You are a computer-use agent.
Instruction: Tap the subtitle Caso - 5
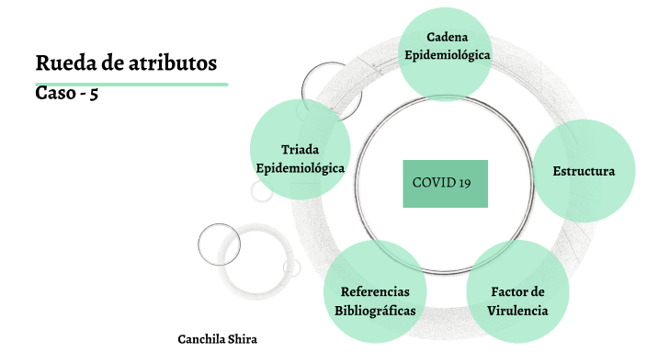point(66,93)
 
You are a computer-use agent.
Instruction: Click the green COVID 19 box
point(445,183)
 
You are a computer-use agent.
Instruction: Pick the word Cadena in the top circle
point(448,37)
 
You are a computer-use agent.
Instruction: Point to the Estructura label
point(584,171)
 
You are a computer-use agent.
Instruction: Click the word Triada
point(300,150)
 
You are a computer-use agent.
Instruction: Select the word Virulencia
point(517,311)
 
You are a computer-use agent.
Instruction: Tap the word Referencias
point(375,291)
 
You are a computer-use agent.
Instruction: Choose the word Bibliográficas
point(375,311)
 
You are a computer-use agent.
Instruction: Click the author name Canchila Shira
point(217,339)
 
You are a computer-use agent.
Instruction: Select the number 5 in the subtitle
point(94,93)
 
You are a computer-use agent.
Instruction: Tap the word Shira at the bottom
point(243,339)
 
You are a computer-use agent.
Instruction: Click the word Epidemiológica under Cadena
point(448,55)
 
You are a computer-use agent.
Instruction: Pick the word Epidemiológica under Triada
point(300,168)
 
